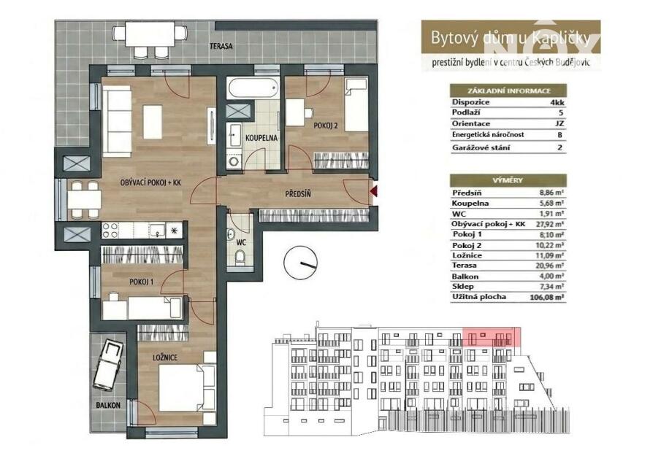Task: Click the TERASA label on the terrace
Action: pos(221,46)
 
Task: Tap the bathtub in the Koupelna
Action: pos(253,88)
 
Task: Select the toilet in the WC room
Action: pos(240,258)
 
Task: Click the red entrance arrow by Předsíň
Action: pos(373,191)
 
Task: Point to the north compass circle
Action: pos(300,263)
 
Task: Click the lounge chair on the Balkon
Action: pos(107,365)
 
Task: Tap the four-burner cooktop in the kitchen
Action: pos(110,230)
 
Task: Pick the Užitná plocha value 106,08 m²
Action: pos(547,298)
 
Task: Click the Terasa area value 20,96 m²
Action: pos(549,266)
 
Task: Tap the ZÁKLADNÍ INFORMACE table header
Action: pos(509,90)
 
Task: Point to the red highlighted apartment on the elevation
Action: pos(492,337)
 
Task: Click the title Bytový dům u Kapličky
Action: pos(511,38)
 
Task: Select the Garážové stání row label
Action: pos(481,147)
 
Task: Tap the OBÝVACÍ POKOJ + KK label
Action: pos(150,182)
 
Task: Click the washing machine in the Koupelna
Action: pos(234,161)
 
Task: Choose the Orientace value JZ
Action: pos(560,123)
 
